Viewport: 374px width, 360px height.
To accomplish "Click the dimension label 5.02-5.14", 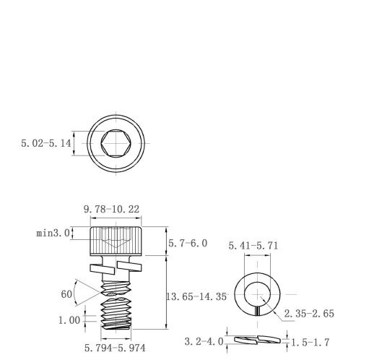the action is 46,143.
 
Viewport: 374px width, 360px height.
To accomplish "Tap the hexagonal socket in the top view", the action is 116,143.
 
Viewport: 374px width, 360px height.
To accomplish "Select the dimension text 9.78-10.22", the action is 111,209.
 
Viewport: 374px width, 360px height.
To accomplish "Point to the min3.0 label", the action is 53,233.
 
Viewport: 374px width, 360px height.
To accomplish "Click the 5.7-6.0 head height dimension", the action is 188,244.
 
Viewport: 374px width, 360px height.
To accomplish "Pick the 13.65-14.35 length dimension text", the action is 196,296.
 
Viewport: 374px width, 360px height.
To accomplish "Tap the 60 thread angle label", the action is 66,294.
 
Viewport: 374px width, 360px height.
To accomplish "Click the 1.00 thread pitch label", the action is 69,320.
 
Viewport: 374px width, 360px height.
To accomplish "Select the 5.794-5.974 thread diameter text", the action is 115,348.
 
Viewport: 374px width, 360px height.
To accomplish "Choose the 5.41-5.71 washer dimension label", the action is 253,246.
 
